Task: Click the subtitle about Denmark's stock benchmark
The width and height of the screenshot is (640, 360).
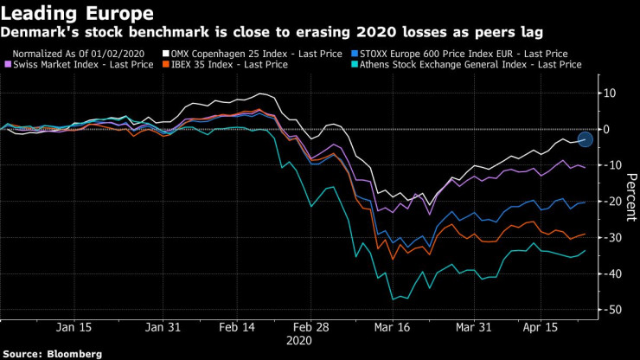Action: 272,33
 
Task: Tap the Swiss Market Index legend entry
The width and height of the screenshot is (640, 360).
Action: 75,66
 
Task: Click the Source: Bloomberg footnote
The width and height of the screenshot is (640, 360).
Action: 53,354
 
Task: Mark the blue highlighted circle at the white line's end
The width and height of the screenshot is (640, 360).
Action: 586,138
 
